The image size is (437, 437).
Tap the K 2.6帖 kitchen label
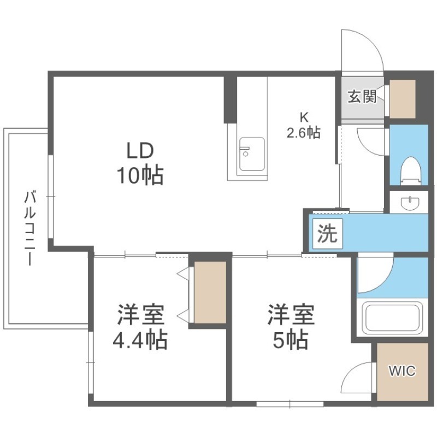pos(304,126)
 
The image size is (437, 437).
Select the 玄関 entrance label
pos(362,96)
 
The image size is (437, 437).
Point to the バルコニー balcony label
pos(30,228)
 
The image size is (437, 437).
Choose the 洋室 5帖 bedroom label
pos(291,327)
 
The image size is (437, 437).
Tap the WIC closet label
pos(402,371)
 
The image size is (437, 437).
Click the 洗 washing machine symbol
pos(327,234)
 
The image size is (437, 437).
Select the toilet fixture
pos(411,171)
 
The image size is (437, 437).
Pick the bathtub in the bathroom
pos(393,318)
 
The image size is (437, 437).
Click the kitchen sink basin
pos(252,154)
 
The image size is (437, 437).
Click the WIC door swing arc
pos(352,372)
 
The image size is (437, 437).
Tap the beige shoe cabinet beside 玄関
pos(403,99)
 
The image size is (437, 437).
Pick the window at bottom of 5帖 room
pos(290,404)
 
